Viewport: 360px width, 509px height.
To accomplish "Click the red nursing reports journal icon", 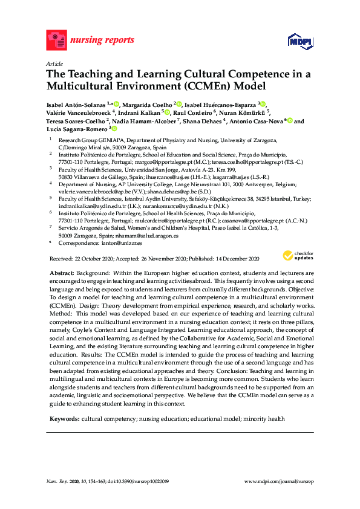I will point(56,41).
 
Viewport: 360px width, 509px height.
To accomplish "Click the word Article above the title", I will point(54,63).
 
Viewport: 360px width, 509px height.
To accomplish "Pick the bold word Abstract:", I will point(62,274).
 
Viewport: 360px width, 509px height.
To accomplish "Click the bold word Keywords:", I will point(64,418).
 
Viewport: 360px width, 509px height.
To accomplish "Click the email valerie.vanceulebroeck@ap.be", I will point(96,190).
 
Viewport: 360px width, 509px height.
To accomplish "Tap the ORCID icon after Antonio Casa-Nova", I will point(290,121).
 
